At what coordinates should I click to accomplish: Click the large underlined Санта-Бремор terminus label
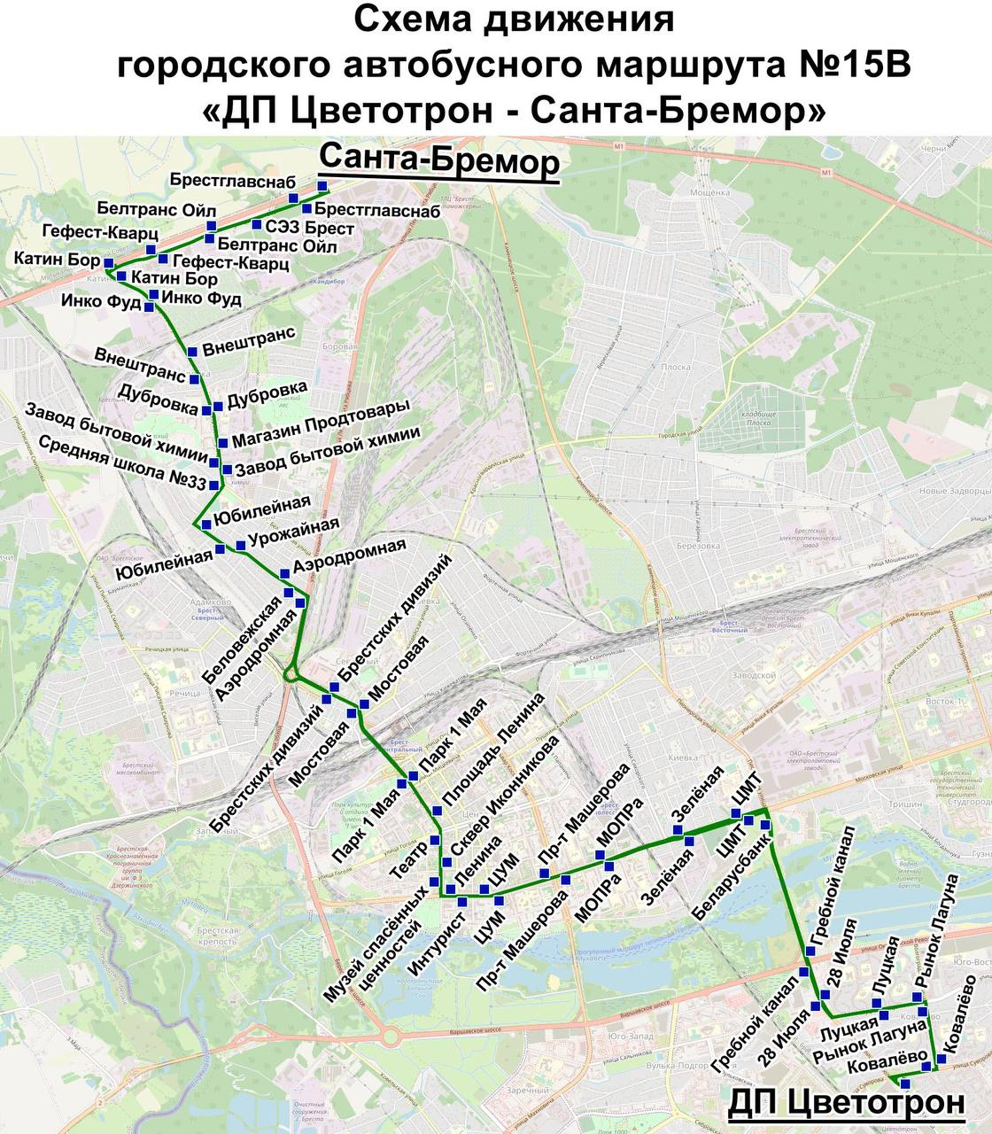[439, 161]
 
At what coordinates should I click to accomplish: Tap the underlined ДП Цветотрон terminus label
[846, 1103]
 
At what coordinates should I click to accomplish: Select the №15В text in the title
[858, 65]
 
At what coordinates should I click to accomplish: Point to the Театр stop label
[407, 858]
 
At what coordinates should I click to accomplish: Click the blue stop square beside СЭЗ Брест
[256, 223]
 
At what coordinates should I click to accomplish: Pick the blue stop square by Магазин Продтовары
[222, 444]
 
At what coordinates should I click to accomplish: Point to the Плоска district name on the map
[676, 367]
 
